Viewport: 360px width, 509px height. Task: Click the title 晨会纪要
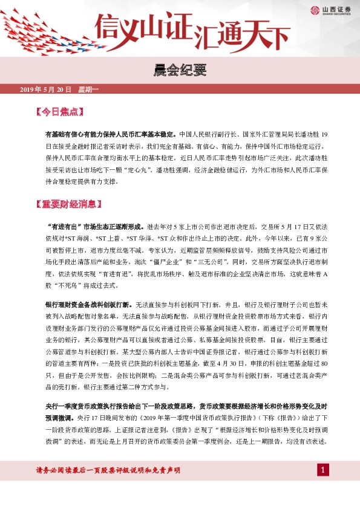pos(180,70)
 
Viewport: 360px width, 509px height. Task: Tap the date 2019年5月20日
pos(46,90)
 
